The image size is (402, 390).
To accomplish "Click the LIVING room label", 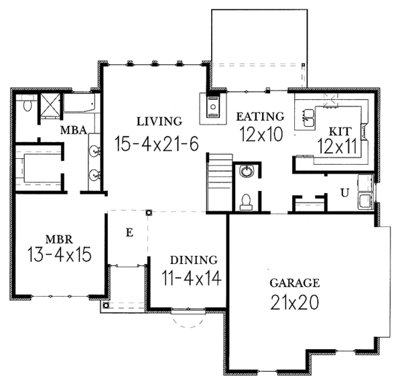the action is pyautogui.click(x=159, y=121).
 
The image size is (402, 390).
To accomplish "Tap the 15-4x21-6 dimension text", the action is pyautogui.click(x=156, y=143).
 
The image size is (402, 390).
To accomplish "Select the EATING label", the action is pyautogui.click(x=260, y=117).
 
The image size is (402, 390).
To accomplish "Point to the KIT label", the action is pyautogui.click(x=340, y=131).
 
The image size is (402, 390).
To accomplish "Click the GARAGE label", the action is pyautogui.click(x=295, y=283).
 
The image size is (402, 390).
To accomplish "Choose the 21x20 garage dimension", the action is pyautogui.click(x=295, y=303).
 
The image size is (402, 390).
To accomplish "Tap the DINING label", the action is pyautogui.click(x=194, y=260).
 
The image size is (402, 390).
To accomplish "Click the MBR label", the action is pyautogui.click(x=59, y=239).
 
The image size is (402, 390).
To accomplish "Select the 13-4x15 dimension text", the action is pyautogui.click(x=59, y=255).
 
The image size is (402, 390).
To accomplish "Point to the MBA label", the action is pyautogui.click(x=74, y=130).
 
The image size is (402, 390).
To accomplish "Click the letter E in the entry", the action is pyautogui.click(x=130, y=233).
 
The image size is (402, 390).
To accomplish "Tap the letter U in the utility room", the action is pyautogui.click(x=345, y=192).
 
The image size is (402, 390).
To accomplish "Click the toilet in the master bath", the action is pyautogui.click(x=27, y=103).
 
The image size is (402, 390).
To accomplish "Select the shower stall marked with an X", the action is pyautogui.click(x=50, y=105).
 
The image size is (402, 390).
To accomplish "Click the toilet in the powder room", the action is pyautogui.click(x=246, y=202).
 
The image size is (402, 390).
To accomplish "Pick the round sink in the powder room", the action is pyautogui.click(x=247, y=172).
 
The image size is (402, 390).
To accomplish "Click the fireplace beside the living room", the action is pyautogui.click(x=213, y=109).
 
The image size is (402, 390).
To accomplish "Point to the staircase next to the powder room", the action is pyautogui.click(x=220, y=182).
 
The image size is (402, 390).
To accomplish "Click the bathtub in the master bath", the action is pyautogui.click(x=79, y=103).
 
